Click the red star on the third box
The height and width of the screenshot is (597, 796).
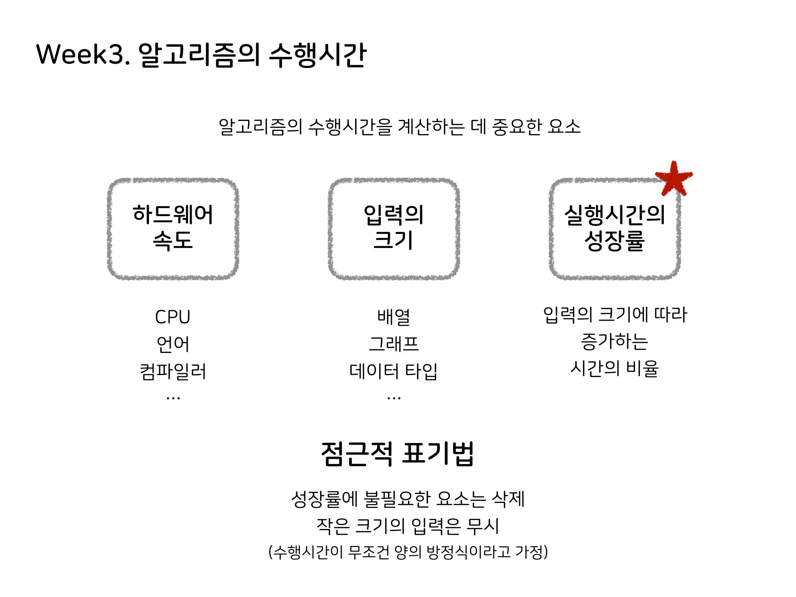click(674, 178)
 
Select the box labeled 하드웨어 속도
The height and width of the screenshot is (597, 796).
click(173, 229)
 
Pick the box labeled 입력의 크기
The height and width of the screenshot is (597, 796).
click(394, 229)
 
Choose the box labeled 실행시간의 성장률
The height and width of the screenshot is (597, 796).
click(614, 229)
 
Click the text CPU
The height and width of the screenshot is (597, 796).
click(173, 317)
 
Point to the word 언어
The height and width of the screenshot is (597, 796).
click(173, 344)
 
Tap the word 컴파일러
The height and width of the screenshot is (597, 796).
click(173, 371)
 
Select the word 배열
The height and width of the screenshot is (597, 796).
click(394, 317)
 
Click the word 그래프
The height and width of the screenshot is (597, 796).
click(394, 344)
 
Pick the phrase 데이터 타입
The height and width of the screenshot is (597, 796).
click(394, 371)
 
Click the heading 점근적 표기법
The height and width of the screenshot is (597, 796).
click(398, 454)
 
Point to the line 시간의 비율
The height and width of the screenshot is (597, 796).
click(614, 368)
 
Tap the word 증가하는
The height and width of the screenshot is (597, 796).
click(614, 341)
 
